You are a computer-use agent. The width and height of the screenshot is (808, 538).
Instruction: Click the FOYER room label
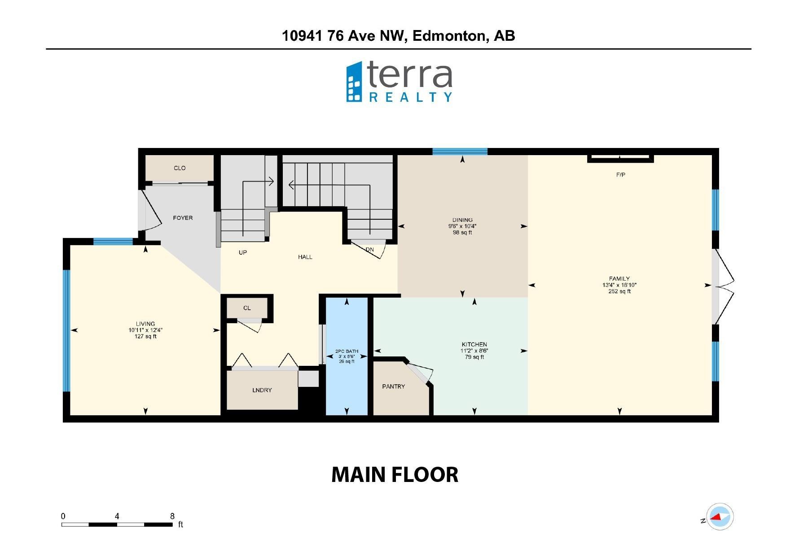(x=183, y=218)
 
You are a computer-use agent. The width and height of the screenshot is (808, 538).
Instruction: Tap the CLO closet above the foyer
(x=180, y=168)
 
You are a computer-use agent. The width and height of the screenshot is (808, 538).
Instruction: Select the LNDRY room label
(x=262, y=390)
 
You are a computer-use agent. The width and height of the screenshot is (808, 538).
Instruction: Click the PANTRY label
(x=394, y=386)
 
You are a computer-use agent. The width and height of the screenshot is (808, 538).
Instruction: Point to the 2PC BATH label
(x=347, y=351)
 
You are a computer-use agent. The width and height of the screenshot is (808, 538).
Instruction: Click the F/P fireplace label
(x=620, y=175)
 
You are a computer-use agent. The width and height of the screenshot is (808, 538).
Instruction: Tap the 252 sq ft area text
(x=619, y=291)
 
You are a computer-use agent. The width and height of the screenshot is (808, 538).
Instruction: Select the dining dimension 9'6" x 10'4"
(x=462, y=226)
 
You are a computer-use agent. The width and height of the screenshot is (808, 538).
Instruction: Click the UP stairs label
(x=243, y=252)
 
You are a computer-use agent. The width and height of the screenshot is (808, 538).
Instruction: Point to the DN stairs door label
(x=369, y=250)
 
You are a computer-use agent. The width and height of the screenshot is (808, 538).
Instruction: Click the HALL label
(x=305, y=257)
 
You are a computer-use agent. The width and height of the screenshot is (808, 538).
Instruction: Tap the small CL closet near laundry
(x=247, y=308)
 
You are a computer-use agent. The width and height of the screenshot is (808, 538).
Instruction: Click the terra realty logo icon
(x=354, y=82)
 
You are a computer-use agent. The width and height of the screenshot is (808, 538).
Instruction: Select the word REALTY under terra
(x=410, y=97)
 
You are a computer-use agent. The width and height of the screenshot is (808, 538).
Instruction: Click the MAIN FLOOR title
(x=395, y=475)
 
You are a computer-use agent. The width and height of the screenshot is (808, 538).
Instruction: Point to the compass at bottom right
(x=720, y=517)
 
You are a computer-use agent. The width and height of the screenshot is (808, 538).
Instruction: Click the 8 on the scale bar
(x=172, y=516)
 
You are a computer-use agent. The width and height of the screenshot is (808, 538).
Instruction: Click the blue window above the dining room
(x=460, y=152)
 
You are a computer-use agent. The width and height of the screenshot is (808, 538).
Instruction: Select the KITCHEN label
(x=474, y=345)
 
